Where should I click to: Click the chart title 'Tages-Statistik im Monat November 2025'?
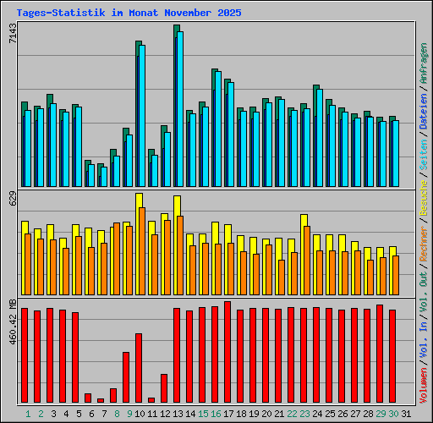point(129,14)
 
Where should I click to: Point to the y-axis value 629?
point(12,200)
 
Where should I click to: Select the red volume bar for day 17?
point(227,352)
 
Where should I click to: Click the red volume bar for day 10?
point(139,368)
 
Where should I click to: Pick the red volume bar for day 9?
point(126,377)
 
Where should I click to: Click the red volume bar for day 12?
point(164,388)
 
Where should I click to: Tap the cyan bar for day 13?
point(179,109)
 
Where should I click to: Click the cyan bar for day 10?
point(142,115)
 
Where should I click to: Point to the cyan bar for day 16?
point(218,129)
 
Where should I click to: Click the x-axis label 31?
point(406,414)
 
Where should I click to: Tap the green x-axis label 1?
point(28,414)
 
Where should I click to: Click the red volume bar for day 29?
point(380,354)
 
